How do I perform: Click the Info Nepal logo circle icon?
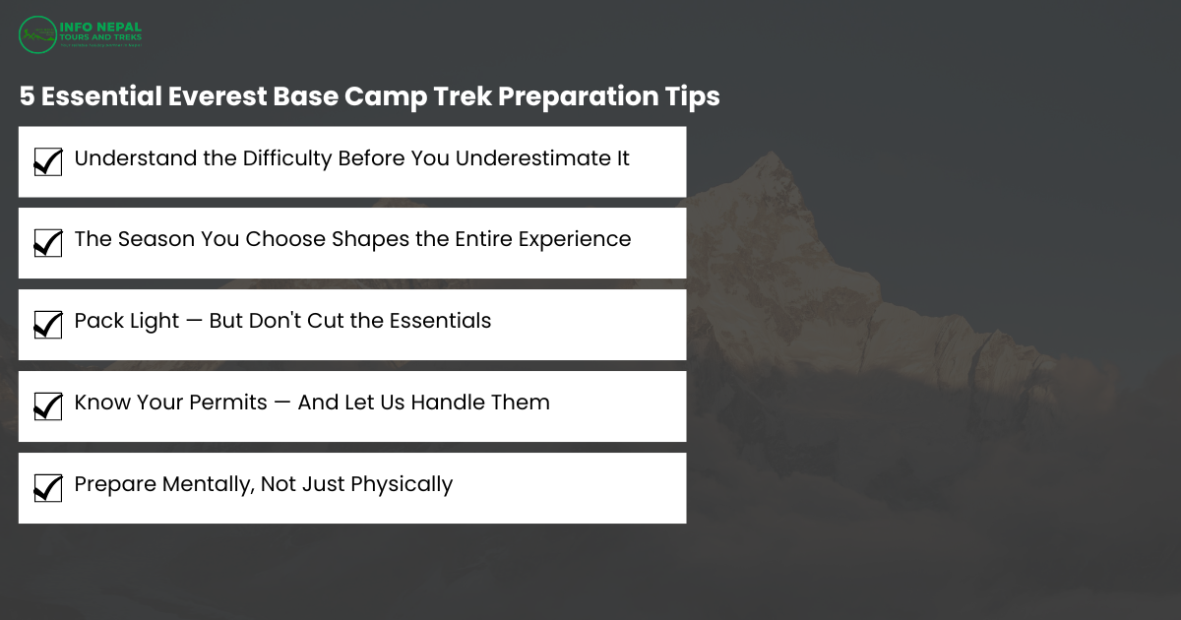37,34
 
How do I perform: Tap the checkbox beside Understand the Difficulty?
47,161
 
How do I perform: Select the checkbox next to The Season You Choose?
47,243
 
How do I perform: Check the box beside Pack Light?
47,325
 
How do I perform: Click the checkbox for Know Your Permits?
47,406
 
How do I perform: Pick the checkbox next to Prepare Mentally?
47,488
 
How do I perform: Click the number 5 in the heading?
27,97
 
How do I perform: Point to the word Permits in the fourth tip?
227,403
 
